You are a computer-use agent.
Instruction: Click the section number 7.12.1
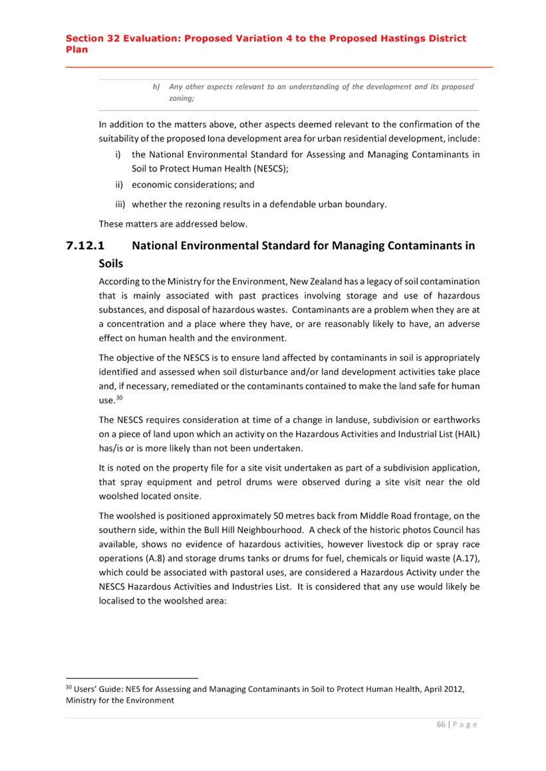tap(90, 245)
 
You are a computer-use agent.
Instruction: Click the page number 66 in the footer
tap(441, 724)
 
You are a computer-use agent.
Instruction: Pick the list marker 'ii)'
tap(118, 185)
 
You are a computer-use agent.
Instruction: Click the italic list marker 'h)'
tap(156, 86)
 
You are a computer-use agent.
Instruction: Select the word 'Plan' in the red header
tap(76, 49)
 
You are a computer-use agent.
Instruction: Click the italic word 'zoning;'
tap(182, 98)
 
